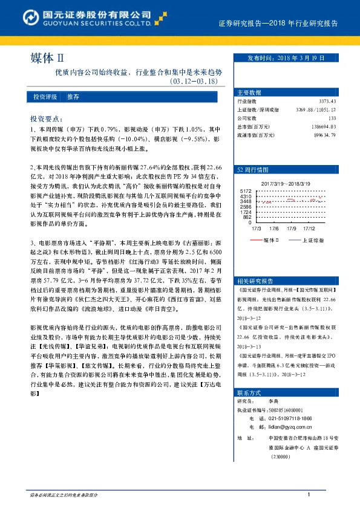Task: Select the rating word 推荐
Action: [73, 97]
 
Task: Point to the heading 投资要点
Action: [46, 120]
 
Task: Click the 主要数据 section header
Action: [249, 92]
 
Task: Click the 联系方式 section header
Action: [249, 392]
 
